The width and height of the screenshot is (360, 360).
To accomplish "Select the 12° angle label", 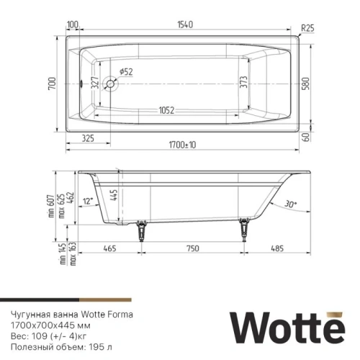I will click(x=89, y=202).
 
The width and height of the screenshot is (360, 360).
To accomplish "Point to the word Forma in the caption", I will click(x=120, y=315).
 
